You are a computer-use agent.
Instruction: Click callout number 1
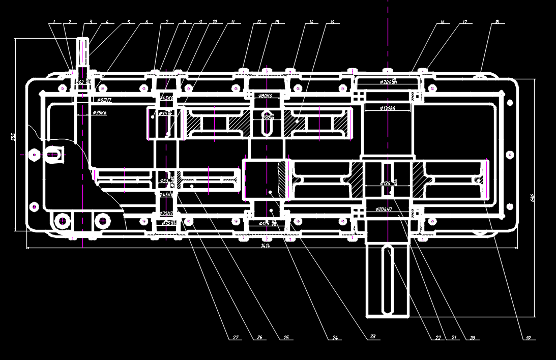click(x=54, y=22)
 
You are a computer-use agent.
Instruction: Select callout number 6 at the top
click(x=147, y=22)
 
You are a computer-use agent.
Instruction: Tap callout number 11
click(x=232, y=22)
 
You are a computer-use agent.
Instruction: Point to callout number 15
click(x=332, y=22)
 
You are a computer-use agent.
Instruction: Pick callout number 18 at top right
click(x=496, y=22)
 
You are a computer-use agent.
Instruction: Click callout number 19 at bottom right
click(x=528, y=337)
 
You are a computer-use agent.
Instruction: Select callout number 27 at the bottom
click(x=236, y=337)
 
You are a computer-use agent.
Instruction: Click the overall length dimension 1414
click(x=265, y=246)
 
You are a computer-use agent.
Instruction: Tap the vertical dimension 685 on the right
click(x=532, y=197)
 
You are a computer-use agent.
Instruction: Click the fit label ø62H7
click(x=104, y=100)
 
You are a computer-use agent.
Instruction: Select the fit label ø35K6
click(x=100, y=112)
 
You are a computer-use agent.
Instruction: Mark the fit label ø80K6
click(x=265, y=96)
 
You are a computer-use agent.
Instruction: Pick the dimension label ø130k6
click(x=388, y=108)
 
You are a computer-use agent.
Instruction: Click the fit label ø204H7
click(x=384, y=209)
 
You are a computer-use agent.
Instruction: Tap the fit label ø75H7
click(x=167, y=214)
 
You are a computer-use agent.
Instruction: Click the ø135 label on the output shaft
click(x=387, y=183)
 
